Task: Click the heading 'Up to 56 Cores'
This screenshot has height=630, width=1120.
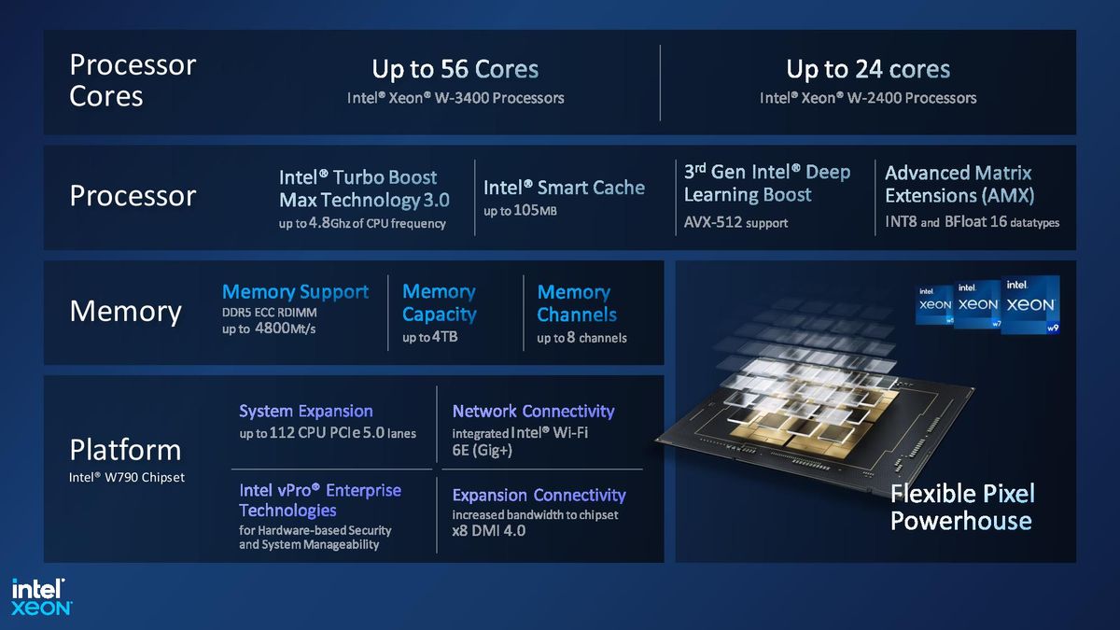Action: click(455, 69)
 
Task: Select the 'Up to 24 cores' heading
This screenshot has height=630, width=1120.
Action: click(868, 69)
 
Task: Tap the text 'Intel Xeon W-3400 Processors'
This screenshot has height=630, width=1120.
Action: click(455, 98)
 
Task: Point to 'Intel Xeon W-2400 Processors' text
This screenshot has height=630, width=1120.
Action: click(868, 98)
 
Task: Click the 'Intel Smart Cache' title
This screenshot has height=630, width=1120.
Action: click(564, 188)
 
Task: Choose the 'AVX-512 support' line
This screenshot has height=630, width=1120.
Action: click(735, 223)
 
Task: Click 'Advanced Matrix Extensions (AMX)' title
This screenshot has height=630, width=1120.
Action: click(959, 184)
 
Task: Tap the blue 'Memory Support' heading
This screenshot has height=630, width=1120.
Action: click(295, 292)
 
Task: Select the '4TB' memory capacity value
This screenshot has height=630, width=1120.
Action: click(444, 337)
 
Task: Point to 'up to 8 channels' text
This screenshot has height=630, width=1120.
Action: click(581, 338)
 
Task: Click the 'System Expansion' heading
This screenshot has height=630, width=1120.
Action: click(305, 411)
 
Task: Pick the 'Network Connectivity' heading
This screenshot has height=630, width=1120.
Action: click(533, 411)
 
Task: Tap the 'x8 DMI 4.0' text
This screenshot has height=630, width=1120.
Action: click(489, 531)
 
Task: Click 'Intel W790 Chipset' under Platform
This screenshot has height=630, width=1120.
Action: click(127, 478)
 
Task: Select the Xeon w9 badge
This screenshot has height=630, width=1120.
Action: click(1031, 304)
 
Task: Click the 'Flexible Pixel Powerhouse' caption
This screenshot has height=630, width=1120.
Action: click(961, 507)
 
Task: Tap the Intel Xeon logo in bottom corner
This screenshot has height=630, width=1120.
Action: click(41, 596)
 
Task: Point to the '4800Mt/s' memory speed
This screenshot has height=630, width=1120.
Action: click(286, 329)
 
